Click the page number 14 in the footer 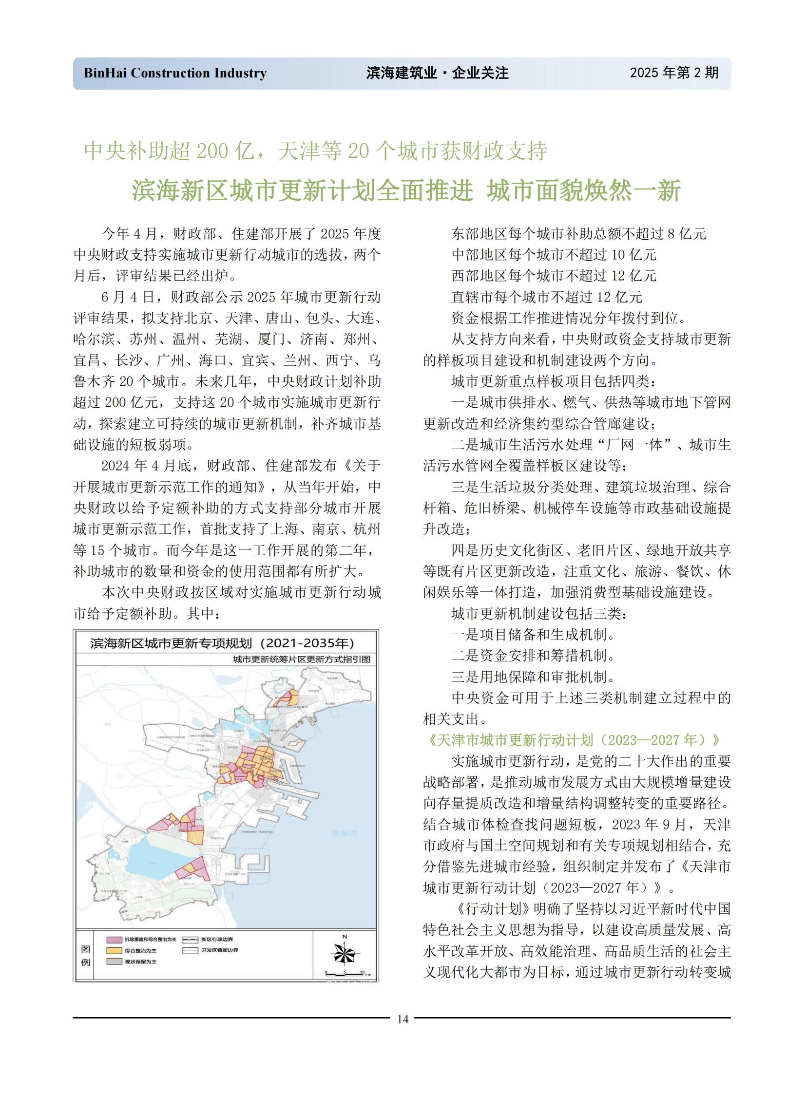pyautogui.click(x=403, y=1019)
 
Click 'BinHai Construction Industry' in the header pyautogui.click(x=175, y=73)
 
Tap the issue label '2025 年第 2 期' pyautogui.click(x=674, y=73)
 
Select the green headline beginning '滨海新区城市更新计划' pyautogui.click(x=406, y=190)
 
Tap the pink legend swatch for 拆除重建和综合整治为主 pyautogui.click(x=114, y=940)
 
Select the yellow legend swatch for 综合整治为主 pyautogui.click(x=114, y=951)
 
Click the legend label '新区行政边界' pyautogui.click(x=217, y=940)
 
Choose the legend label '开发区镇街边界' pyautogui.click(x=220, y=950)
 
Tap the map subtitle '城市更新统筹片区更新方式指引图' pyautogui.click(x=302, y=660)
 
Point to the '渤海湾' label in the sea pyautogui.click(x=345, y=833)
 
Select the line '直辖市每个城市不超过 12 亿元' pyautogui.click(x=546, y=297)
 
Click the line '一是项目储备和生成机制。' pyautogui.click(x=533, y=635)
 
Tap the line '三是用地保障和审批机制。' pyautogui.click(x=533, y=677)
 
